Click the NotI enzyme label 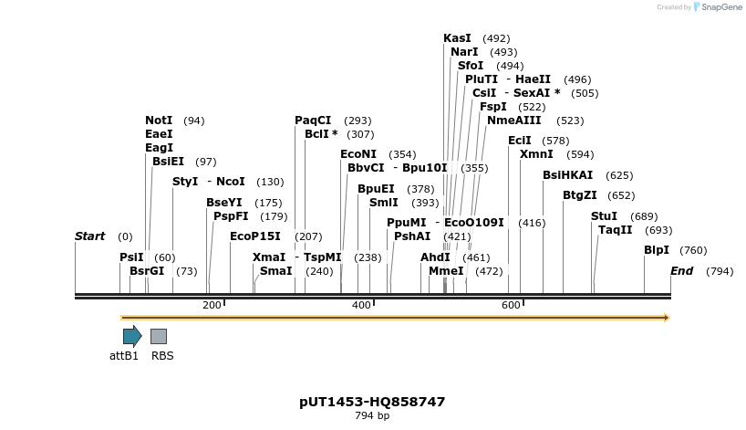coord(159,121)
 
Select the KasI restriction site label coord(457,38)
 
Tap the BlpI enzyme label coord(657,250)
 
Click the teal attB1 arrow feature coord(132,336)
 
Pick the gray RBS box coord(159,336)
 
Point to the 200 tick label coord(212,305)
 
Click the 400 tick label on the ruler coord(361,305)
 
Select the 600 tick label coord(511,305)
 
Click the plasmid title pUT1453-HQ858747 coord(372,402)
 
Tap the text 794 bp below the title coord(372,416)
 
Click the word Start coord(89,236)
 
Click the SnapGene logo coord(718,7)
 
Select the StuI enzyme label coord(604,216)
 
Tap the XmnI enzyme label coord(536,154)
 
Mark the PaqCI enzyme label coord(313,121)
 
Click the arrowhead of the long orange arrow coord(666,318)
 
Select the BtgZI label coord(579,195)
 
